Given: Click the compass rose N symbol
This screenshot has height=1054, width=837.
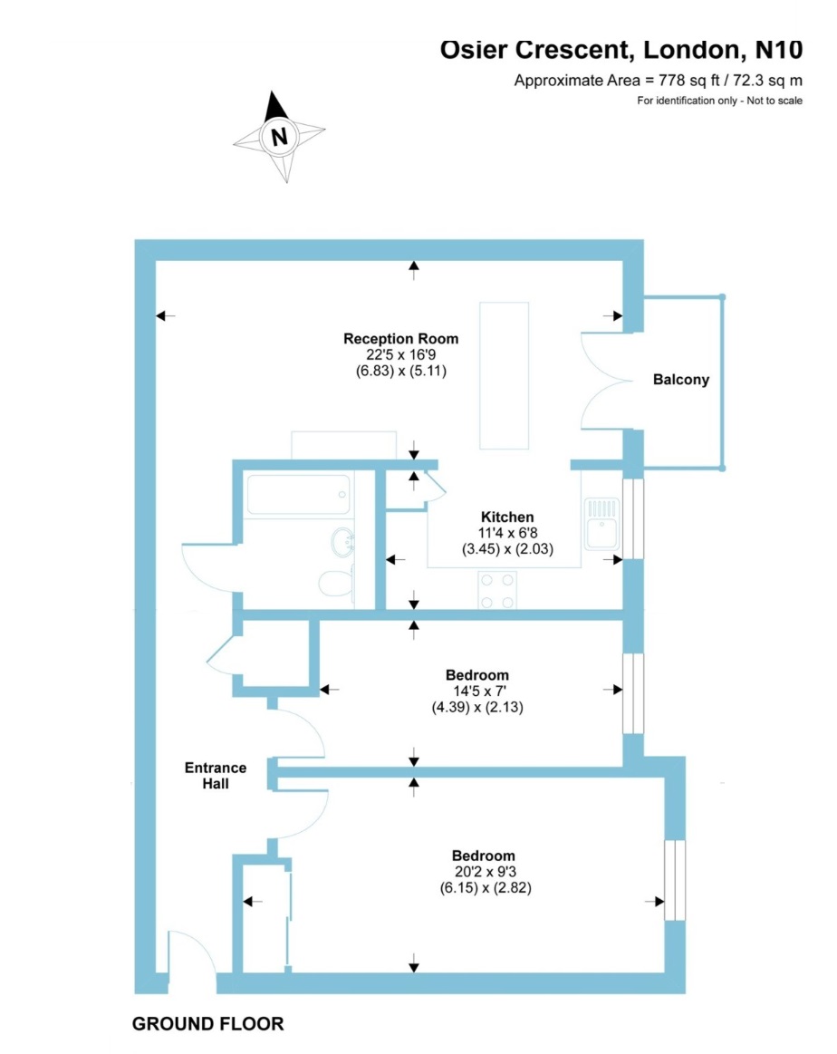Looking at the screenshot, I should tap(279, 138).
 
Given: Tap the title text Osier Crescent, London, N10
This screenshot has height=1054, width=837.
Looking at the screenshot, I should tap(621, 49).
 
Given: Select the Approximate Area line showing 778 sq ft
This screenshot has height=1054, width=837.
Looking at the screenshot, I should tap(658, 80).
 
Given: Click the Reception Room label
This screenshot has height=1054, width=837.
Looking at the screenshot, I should tap(400, 339).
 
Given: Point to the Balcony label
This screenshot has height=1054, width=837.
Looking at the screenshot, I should tap(681, 380).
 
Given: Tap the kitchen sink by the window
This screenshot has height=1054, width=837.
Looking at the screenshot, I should tap(601, 523).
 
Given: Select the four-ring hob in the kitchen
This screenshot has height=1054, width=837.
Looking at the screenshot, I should tap(496, 591).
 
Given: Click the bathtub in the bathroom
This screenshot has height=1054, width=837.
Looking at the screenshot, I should tap(298, 495).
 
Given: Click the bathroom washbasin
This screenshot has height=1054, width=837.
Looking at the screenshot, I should tap(342, 544).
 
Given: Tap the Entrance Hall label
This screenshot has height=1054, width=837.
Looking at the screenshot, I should tap(216, 776).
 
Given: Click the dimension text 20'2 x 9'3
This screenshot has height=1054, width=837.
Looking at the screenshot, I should tap(484, 872).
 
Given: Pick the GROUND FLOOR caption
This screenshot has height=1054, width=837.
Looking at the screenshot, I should tap(207, 1024).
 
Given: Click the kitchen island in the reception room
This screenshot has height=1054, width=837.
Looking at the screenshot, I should tap(505, 375).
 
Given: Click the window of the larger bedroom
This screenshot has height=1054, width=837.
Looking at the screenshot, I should tap(675, 881).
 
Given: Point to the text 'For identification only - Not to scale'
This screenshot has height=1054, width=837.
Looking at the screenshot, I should tap(719, 101).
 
